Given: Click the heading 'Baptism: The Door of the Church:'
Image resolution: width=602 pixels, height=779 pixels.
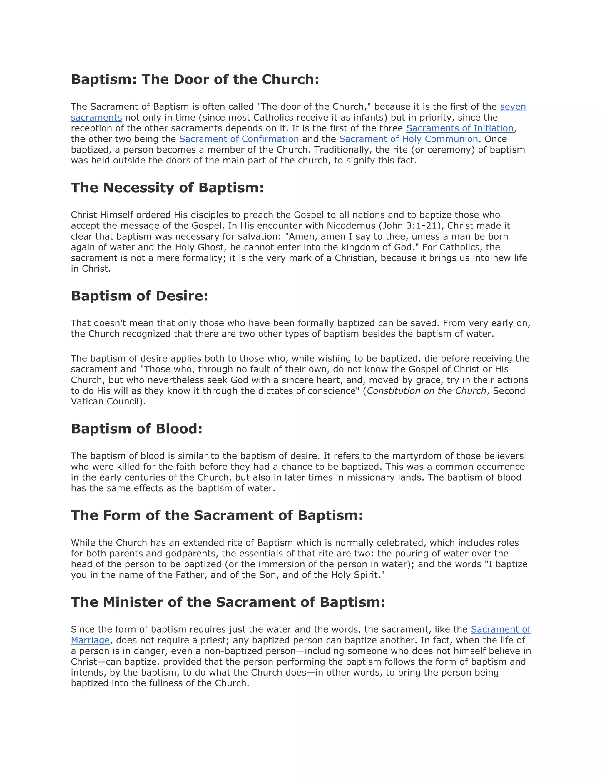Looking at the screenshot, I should (x=195, y=79).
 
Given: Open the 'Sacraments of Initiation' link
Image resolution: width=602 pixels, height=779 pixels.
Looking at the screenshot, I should (x=459, y=128).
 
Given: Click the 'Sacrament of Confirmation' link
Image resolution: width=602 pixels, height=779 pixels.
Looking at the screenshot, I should (x=239, y=139).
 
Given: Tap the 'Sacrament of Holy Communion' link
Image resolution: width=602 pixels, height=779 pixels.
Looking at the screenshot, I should (x=408, y=139).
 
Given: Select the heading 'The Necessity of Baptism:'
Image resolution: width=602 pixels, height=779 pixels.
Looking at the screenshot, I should (x=167, y=188).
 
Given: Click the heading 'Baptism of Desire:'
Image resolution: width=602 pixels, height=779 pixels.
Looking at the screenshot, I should (x=139, y=296).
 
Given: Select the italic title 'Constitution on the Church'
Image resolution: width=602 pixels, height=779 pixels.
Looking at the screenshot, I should (x=426, y=391).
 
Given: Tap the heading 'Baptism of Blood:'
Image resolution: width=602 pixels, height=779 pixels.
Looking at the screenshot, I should (x=137, y=429).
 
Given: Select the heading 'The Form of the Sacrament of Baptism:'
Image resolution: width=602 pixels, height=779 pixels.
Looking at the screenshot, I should (x=217, y=515).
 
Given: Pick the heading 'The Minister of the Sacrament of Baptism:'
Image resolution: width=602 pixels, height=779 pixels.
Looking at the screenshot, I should (x=228, y=602).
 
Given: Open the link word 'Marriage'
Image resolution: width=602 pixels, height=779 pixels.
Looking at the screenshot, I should (x=90, y=640).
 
